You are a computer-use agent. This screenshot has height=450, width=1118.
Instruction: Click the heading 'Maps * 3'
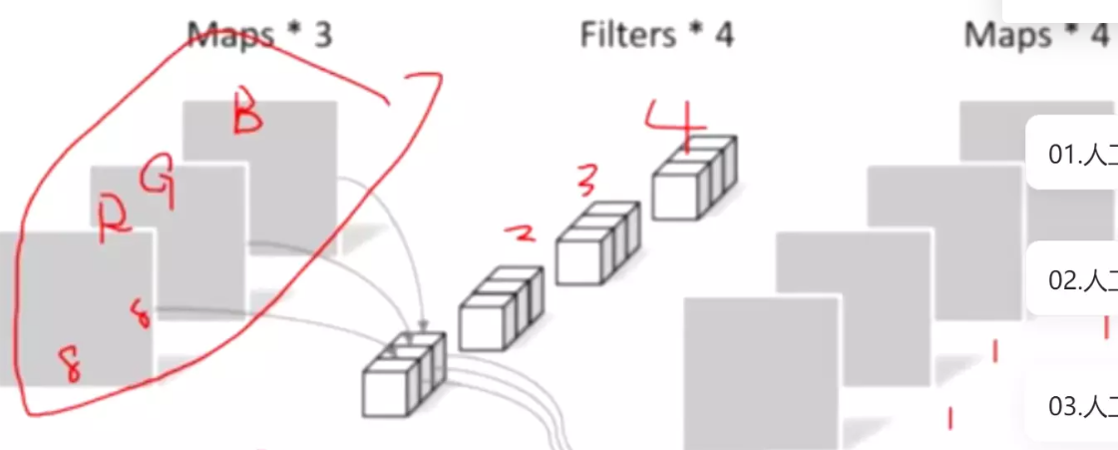(x=259, y=35)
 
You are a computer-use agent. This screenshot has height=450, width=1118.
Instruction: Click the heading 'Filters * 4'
(x=656, y=35)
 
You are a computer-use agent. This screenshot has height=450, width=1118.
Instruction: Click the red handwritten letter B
(x=246, y=116)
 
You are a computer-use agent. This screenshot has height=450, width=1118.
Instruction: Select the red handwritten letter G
(x=158, y=181)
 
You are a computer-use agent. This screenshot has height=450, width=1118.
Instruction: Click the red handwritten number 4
(x=674, y=119)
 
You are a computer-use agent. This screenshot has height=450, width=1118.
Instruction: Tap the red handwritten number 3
(x=588, y=181)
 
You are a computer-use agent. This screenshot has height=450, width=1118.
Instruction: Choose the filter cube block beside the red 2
(x=501, y=308)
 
